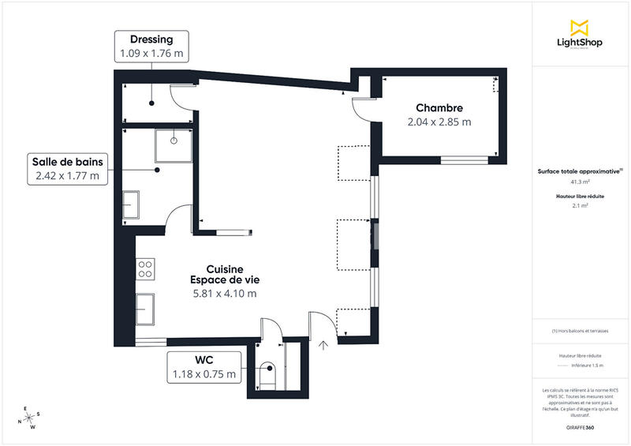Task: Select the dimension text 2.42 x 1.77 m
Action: [x=67, y=176]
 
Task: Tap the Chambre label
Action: [x=439, y=108]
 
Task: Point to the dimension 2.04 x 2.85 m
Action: [x=439, y=122]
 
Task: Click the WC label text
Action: [x=204, y=360]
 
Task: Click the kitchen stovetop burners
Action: [x=145, y=269]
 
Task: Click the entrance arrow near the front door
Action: [x=323, y=343]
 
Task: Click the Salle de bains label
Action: [x=67, y=162]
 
